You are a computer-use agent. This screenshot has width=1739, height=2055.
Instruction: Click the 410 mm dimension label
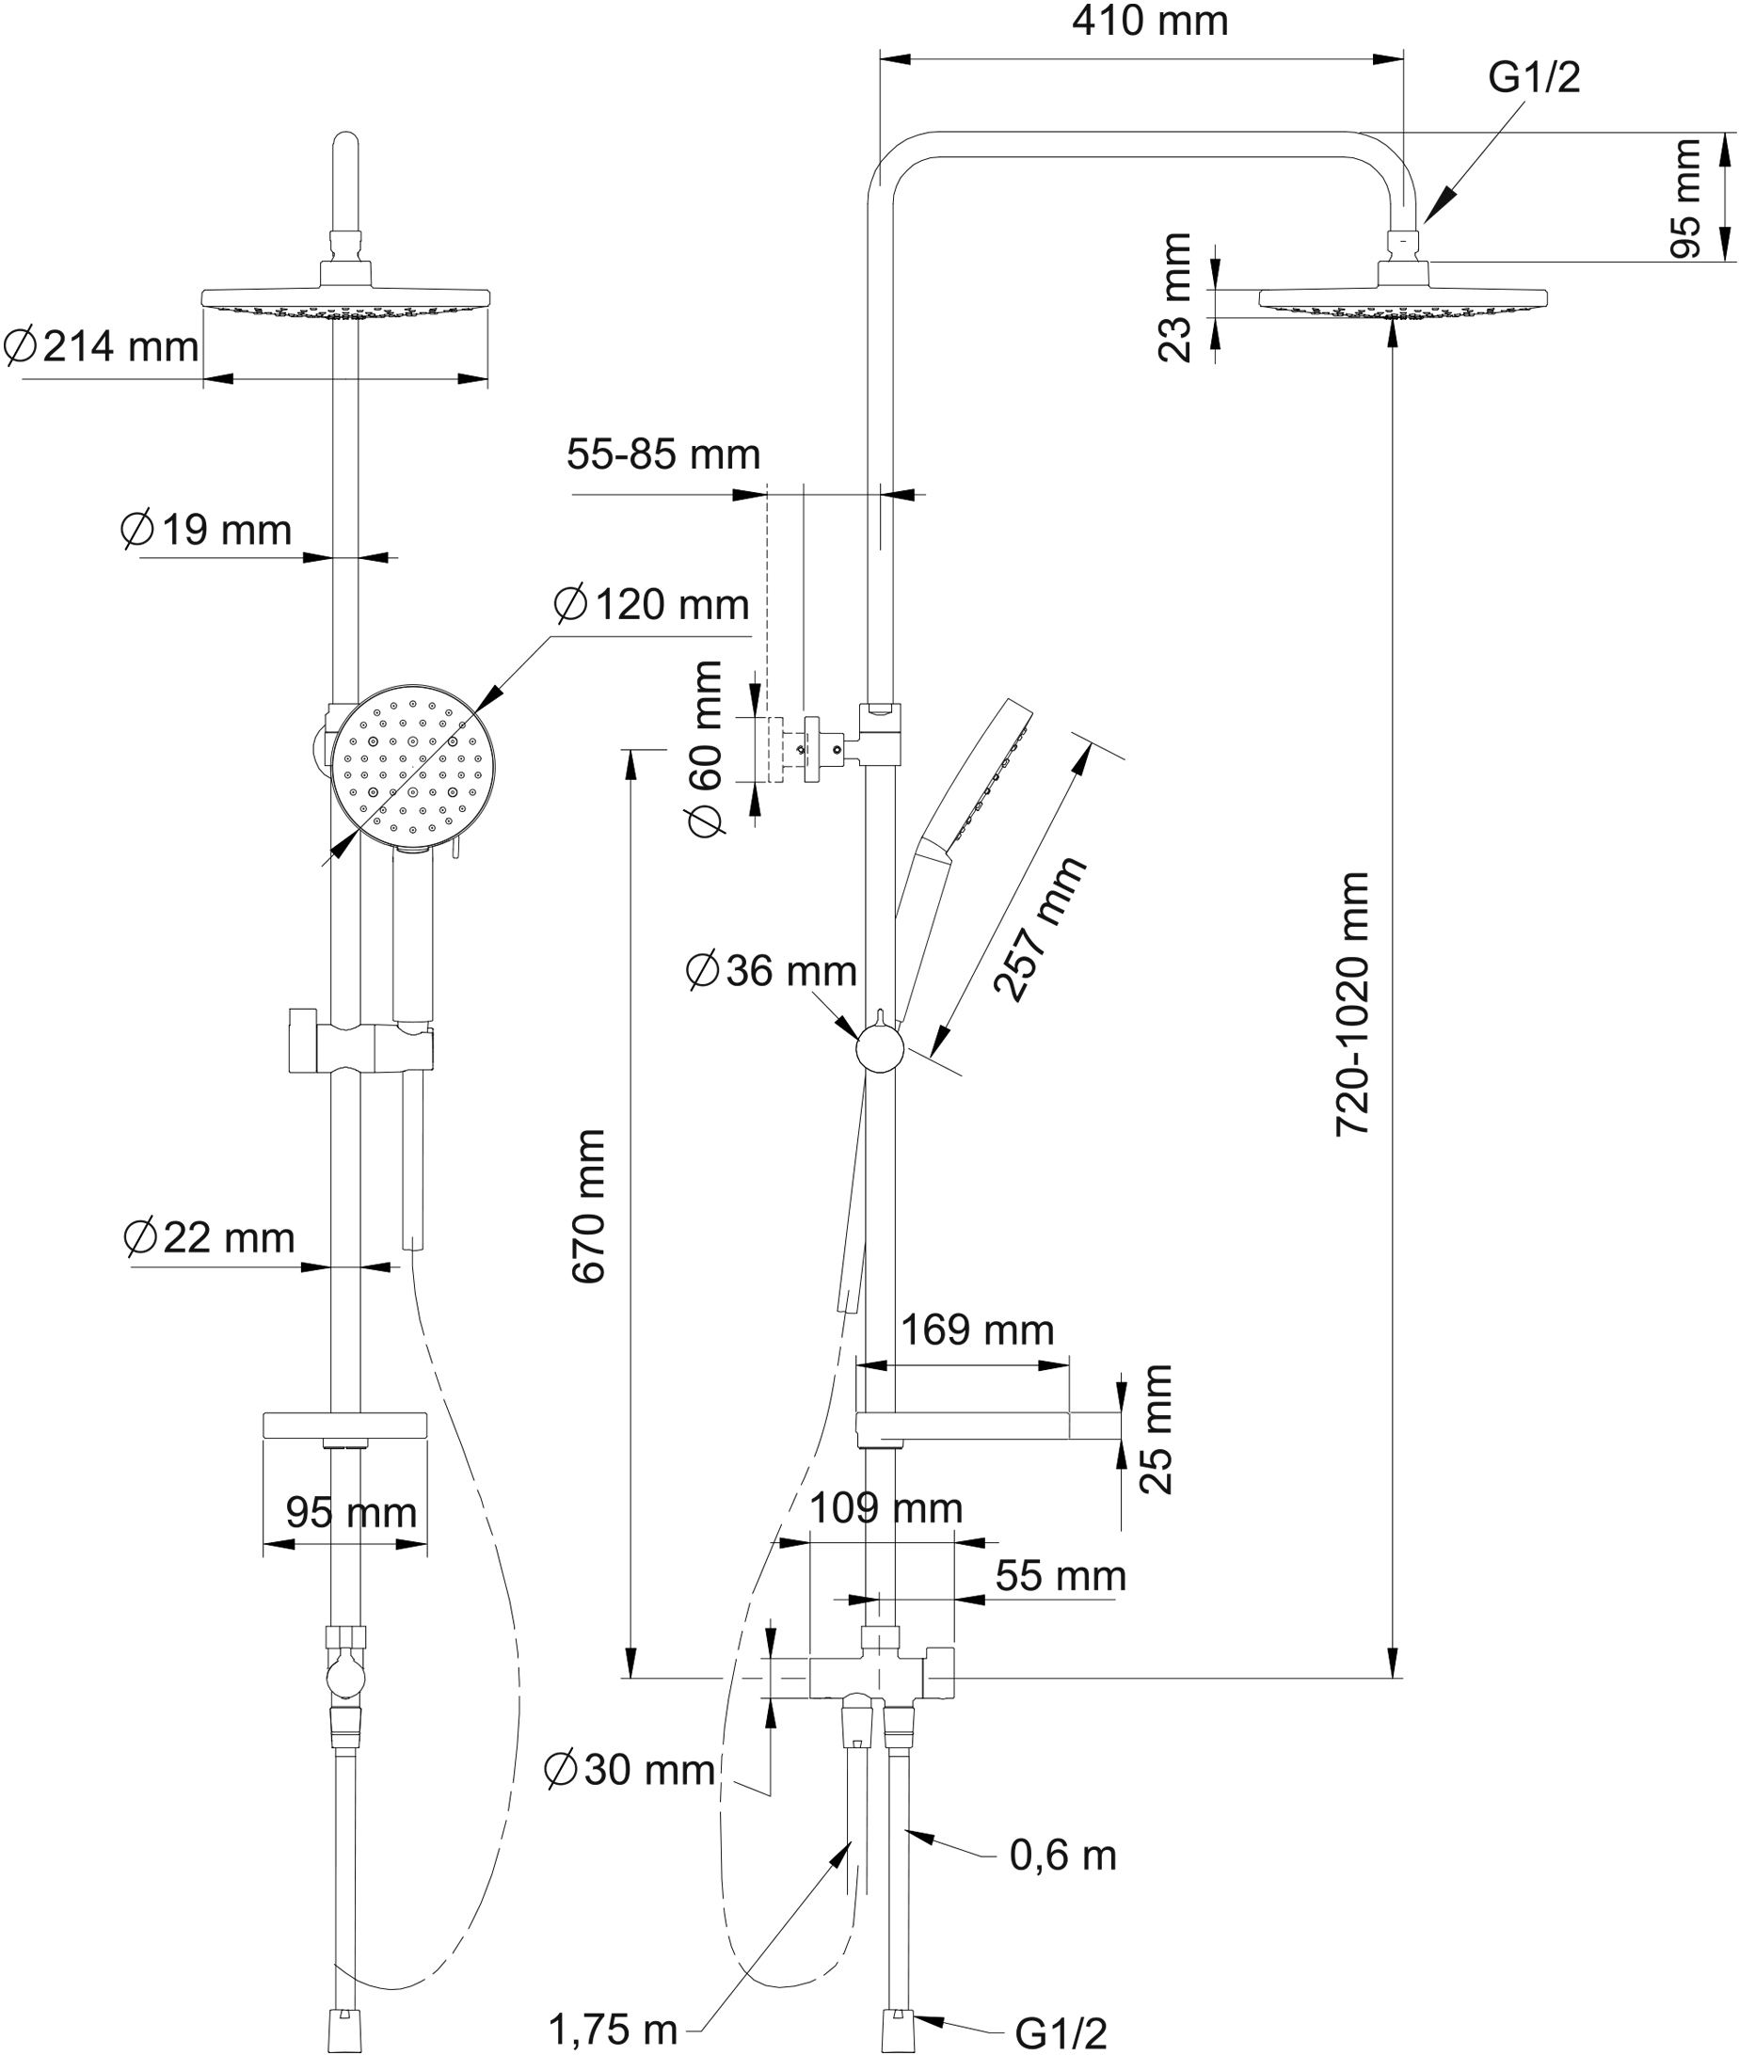tap(1150, 22)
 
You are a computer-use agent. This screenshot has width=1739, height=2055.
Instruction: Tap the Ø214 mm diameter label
tap(102, 347)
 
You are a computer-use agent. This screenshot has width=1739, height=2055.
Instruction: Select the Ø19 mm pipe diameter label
tap(206, 531)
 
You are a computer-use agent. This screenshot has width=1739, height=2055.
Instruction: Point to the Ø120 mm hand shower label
tap(651, 604)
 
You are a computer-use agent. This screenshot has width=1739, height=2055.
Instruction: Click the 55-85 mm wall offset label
tap(663, 455)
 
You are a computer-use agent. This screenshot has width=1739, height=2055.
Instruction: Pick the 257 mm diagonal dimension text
tap(1039, 930)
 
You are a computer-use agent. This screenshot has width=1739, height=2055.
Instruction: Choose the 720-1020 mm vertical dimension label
tap(1352, 1003)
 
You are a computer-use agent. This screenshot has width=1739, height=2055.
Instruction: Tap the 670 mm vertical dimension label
tap(588, 1206)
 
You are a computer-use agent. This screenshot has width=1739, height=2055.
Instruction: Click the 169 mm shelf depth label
tap(977, 1330)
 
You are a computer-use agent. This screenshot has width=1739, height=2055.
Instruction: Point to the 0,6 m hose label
tap(1062, 1856)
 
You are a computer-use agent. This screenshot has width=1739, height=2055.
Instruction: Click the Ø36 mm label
tap(771, 972)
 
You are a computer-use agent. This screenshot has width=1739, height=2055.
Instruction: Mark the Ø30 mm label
tap(630, 1770)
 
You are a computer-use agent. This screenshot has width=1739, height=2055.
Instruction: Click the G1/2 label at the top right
tap(1533, 78)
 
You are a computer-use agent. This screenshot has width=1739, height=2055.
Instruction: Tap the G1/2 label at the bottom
tap(1061, 2033)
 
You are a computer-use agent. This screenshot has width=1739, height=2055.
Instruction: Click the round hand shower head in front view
tap(412, 765)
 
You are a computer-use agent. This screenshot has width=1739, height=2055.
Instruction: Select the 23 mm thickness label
tap(1175, 297)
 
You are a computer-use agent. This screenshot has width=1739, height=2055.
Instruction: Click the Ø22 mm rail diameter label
tap(209, 1238)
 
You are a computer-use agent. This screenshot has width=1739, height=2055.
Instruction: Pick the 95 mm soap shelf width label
tap(351, 1512)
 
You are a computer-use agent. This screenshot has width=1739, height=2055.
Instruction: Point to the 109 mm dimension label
tap(885, 1508)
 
